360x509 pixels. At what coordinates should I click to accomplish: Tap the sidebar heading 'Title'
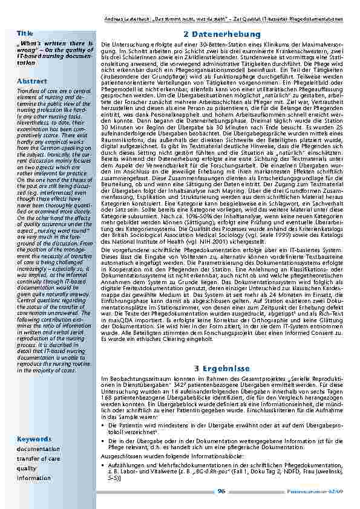25,33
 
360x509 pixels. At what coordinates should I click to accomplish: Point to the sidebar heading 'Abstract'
32,80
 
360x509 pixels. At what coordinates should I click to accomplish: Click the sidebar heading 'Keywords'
34,438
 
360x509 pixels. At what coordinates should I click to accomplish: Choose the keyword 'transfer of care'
39,459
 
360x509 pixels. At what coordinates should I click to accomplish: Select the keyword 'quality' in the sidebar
27,468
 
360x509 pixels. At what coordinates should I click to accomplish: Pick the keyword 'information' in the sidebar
34,478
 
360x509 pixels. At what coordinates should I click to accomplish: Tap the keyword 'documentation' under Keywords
39,449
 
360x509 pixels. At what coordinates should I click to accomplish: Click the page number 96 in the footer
221,491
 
